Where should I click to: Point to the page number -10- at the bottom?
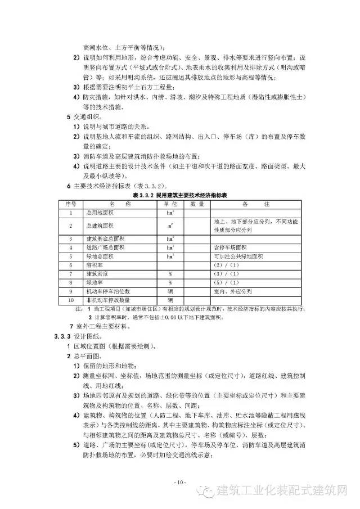[179, 483]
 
